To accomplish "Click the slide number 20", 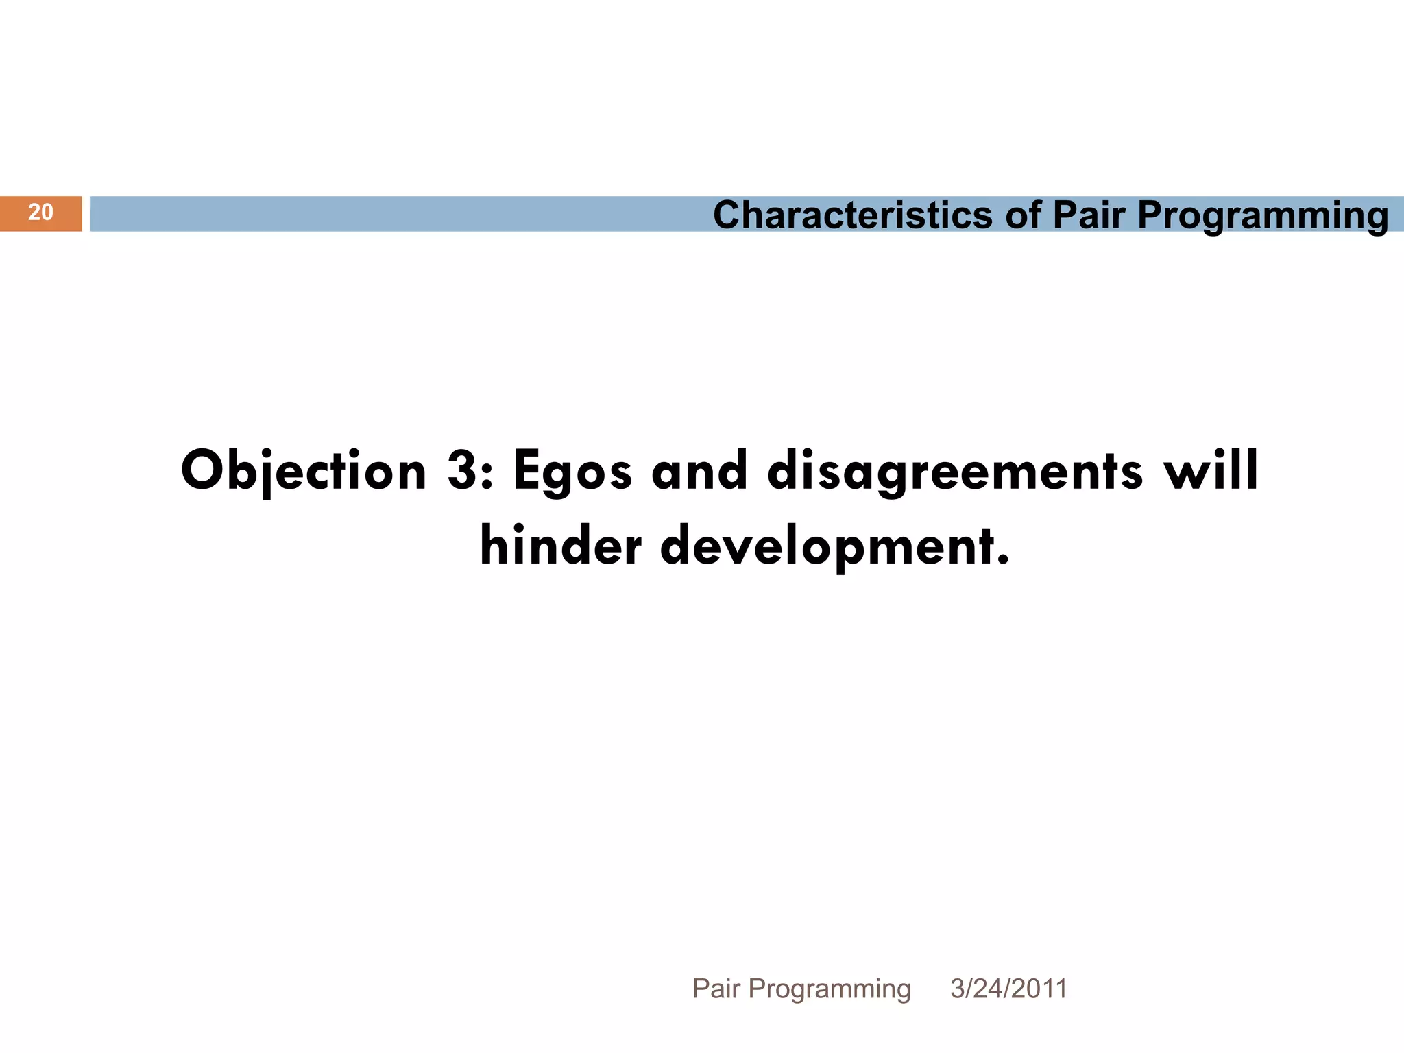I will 40,213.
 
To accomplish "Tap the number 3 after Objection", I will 463,472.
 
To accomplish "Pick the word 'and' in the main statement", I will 699,472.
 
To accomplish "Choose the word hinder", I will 561,546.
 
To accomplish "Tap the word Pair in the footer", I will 716,989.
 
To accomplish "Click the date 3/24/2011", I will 1008,989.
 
